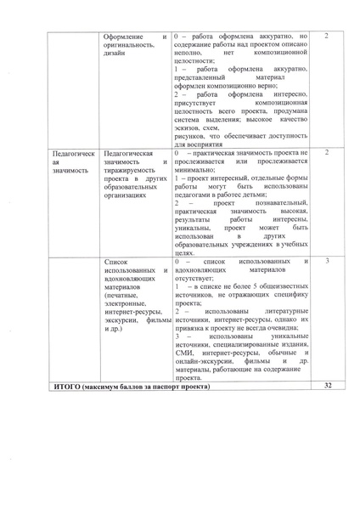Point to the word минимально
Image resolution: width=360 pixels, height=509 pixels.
pyautogui.click(x=194, y=169)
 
